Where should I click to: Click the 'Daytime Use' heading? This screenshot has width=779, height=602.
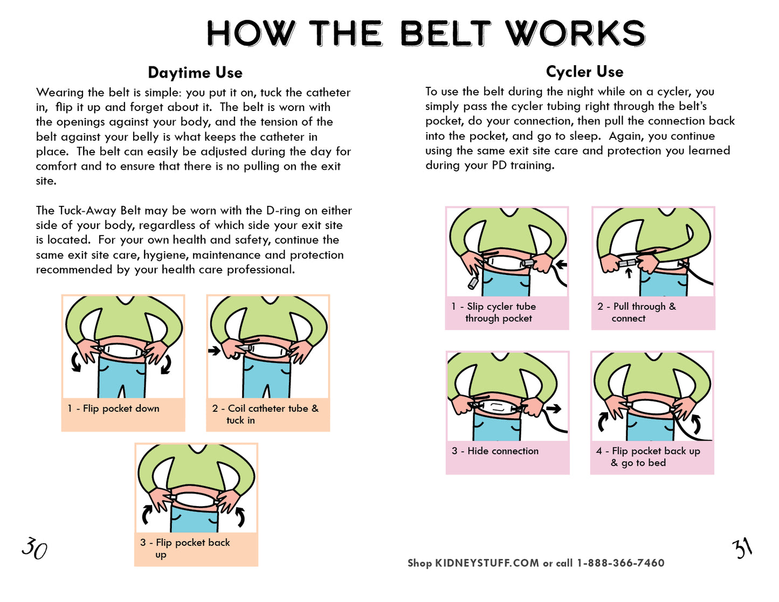tap(195, 73)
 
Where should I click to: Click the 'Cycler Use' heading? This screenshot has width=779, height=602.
tap(584, 72)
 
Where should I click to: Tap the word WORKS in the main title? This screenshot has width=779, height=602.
tap(575, 33)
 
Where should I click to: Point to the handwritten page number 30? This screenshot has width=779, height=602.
tap(35, 548)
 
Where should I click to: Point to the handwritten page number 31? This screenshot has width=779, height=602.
tap(742, 548)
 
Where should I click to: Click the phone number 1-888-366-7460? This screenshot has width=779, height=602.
tap(621, 563)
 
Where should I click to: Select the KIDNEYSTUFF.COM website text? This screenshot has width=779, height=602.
tap(487, 563)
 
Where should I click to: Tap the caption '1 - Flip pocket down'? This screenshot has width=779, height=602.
tap(113, 409)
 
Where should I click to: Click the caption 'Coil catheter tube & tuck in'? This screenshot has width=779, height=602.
tap(265, 414)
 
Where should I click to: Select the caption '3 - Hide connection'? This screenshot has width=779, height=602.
tap(495, 451)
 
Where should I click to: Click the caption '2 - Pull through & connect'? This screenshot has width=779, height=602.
tap(636, 312)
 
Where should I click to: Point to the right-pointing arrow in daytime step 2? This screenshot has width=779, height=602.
tap(215, 350)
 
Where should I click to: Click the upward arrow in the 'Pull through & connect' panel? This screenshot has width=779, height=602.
tap(629, 273)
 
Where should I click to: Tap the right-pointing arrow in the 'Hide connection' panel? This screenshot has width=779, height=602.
tap(554, 409)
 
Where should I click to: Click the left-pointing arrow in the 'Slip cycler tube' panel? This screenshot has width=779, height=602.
tap(561, 265)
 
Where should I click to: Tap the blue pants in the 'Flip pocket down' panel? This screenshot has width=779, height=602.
tap(122, 378)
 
